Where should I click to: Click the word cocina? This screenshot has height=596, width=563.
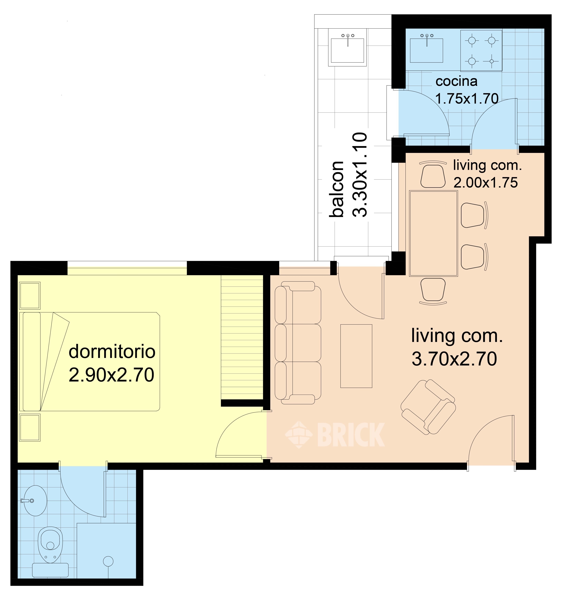456,81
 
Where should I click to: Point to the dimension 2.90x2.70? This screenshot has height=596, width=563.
111,375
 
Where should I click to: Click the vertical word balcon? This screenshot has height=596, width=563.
336,189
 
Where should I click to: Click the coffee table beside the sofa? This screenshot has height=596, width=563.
356,356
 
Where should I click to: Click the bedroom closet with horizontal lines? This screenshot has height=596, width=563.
242,337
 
